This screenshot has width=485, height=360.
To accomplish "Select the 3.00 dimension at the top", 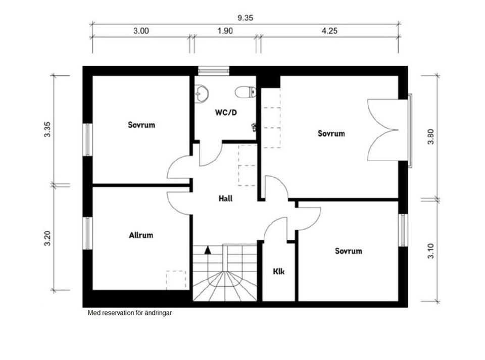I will click(141, 31).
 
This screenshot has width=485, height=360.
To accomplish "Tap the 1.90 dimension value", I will click(225, 31).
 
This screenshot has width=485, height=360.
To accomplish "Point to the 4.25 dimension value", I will click(329, 31).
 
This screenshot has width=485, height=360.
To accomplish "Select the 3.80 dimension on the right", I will click(431, 136).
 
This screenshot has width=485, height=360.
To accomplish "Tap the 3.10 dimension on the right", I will click(431, 250).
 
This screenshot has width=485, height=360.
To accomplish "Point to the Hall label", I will click(225, 198).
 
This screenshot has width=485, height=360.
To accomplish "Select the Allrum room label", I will click(141, 235).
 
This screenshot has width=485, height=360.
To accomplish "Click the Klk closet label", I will click(278, 271).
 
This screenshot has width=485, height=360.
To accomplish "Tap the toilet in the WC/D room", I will click(246, 92).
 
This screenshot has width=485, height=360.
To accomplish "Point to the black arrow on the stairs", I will click(207, 249).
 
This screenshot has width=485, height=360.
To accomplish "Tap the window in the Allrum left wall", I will click(88, 233).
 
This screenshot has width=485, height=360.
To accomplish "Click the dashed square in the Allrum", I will click(176, 280).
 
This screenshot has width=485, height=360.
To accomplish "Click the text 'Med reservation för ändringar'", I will click(130, 313).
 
